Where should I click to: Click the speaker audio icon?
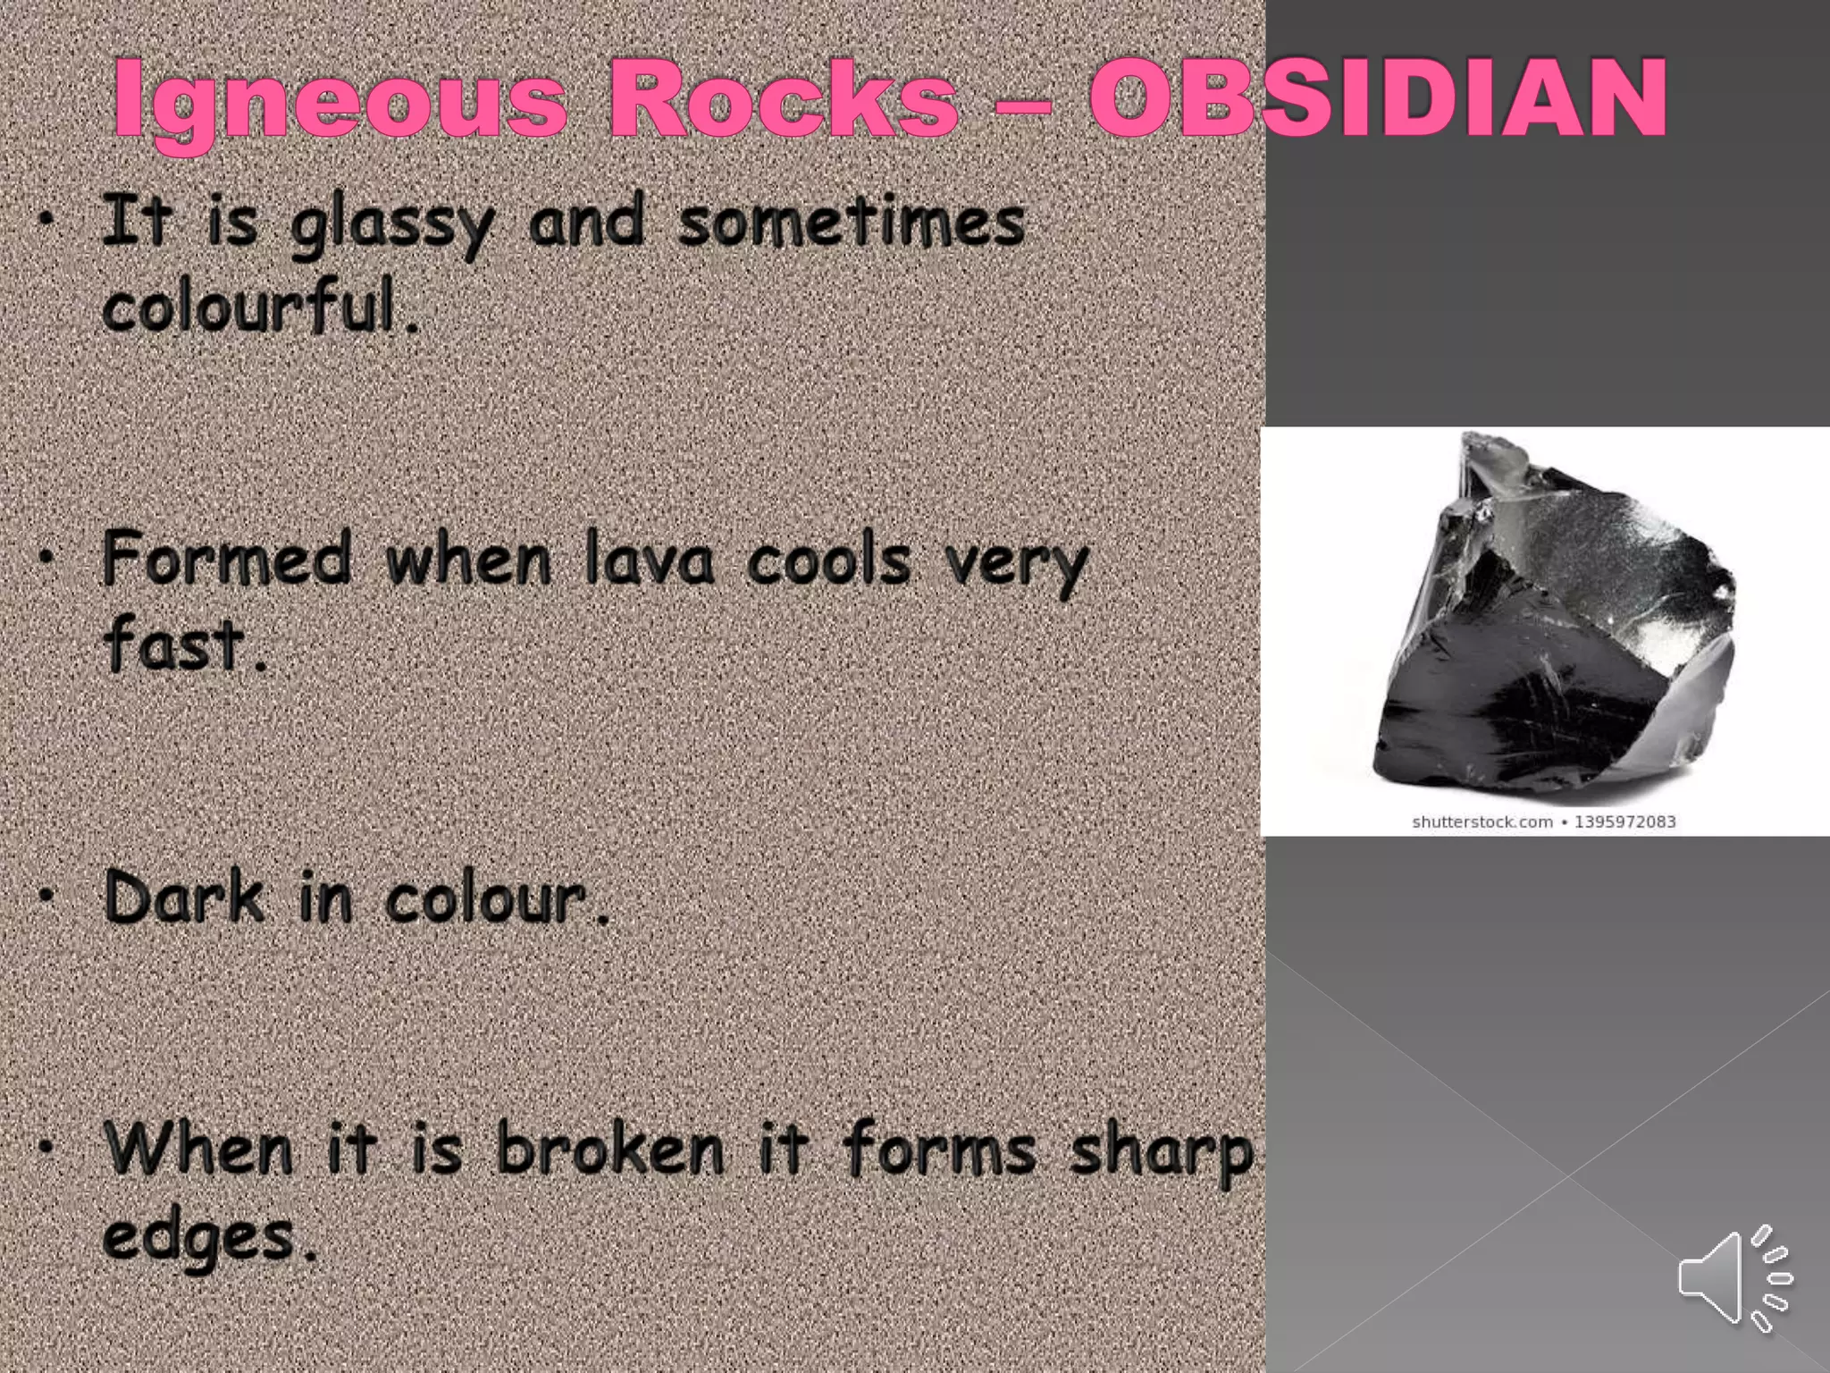coord(1734,1277)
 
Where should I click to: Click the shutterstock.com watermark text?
coord(1482,821)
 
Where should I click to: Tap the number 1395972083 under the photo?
coord(1624,821)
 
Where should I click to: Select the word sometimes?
coord(851,223)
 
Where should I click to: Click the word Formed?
coord(227,559)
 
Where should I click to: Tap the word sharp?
coord(1162,1153)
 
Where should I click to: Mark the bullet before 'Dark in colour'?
coord(48,895)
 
